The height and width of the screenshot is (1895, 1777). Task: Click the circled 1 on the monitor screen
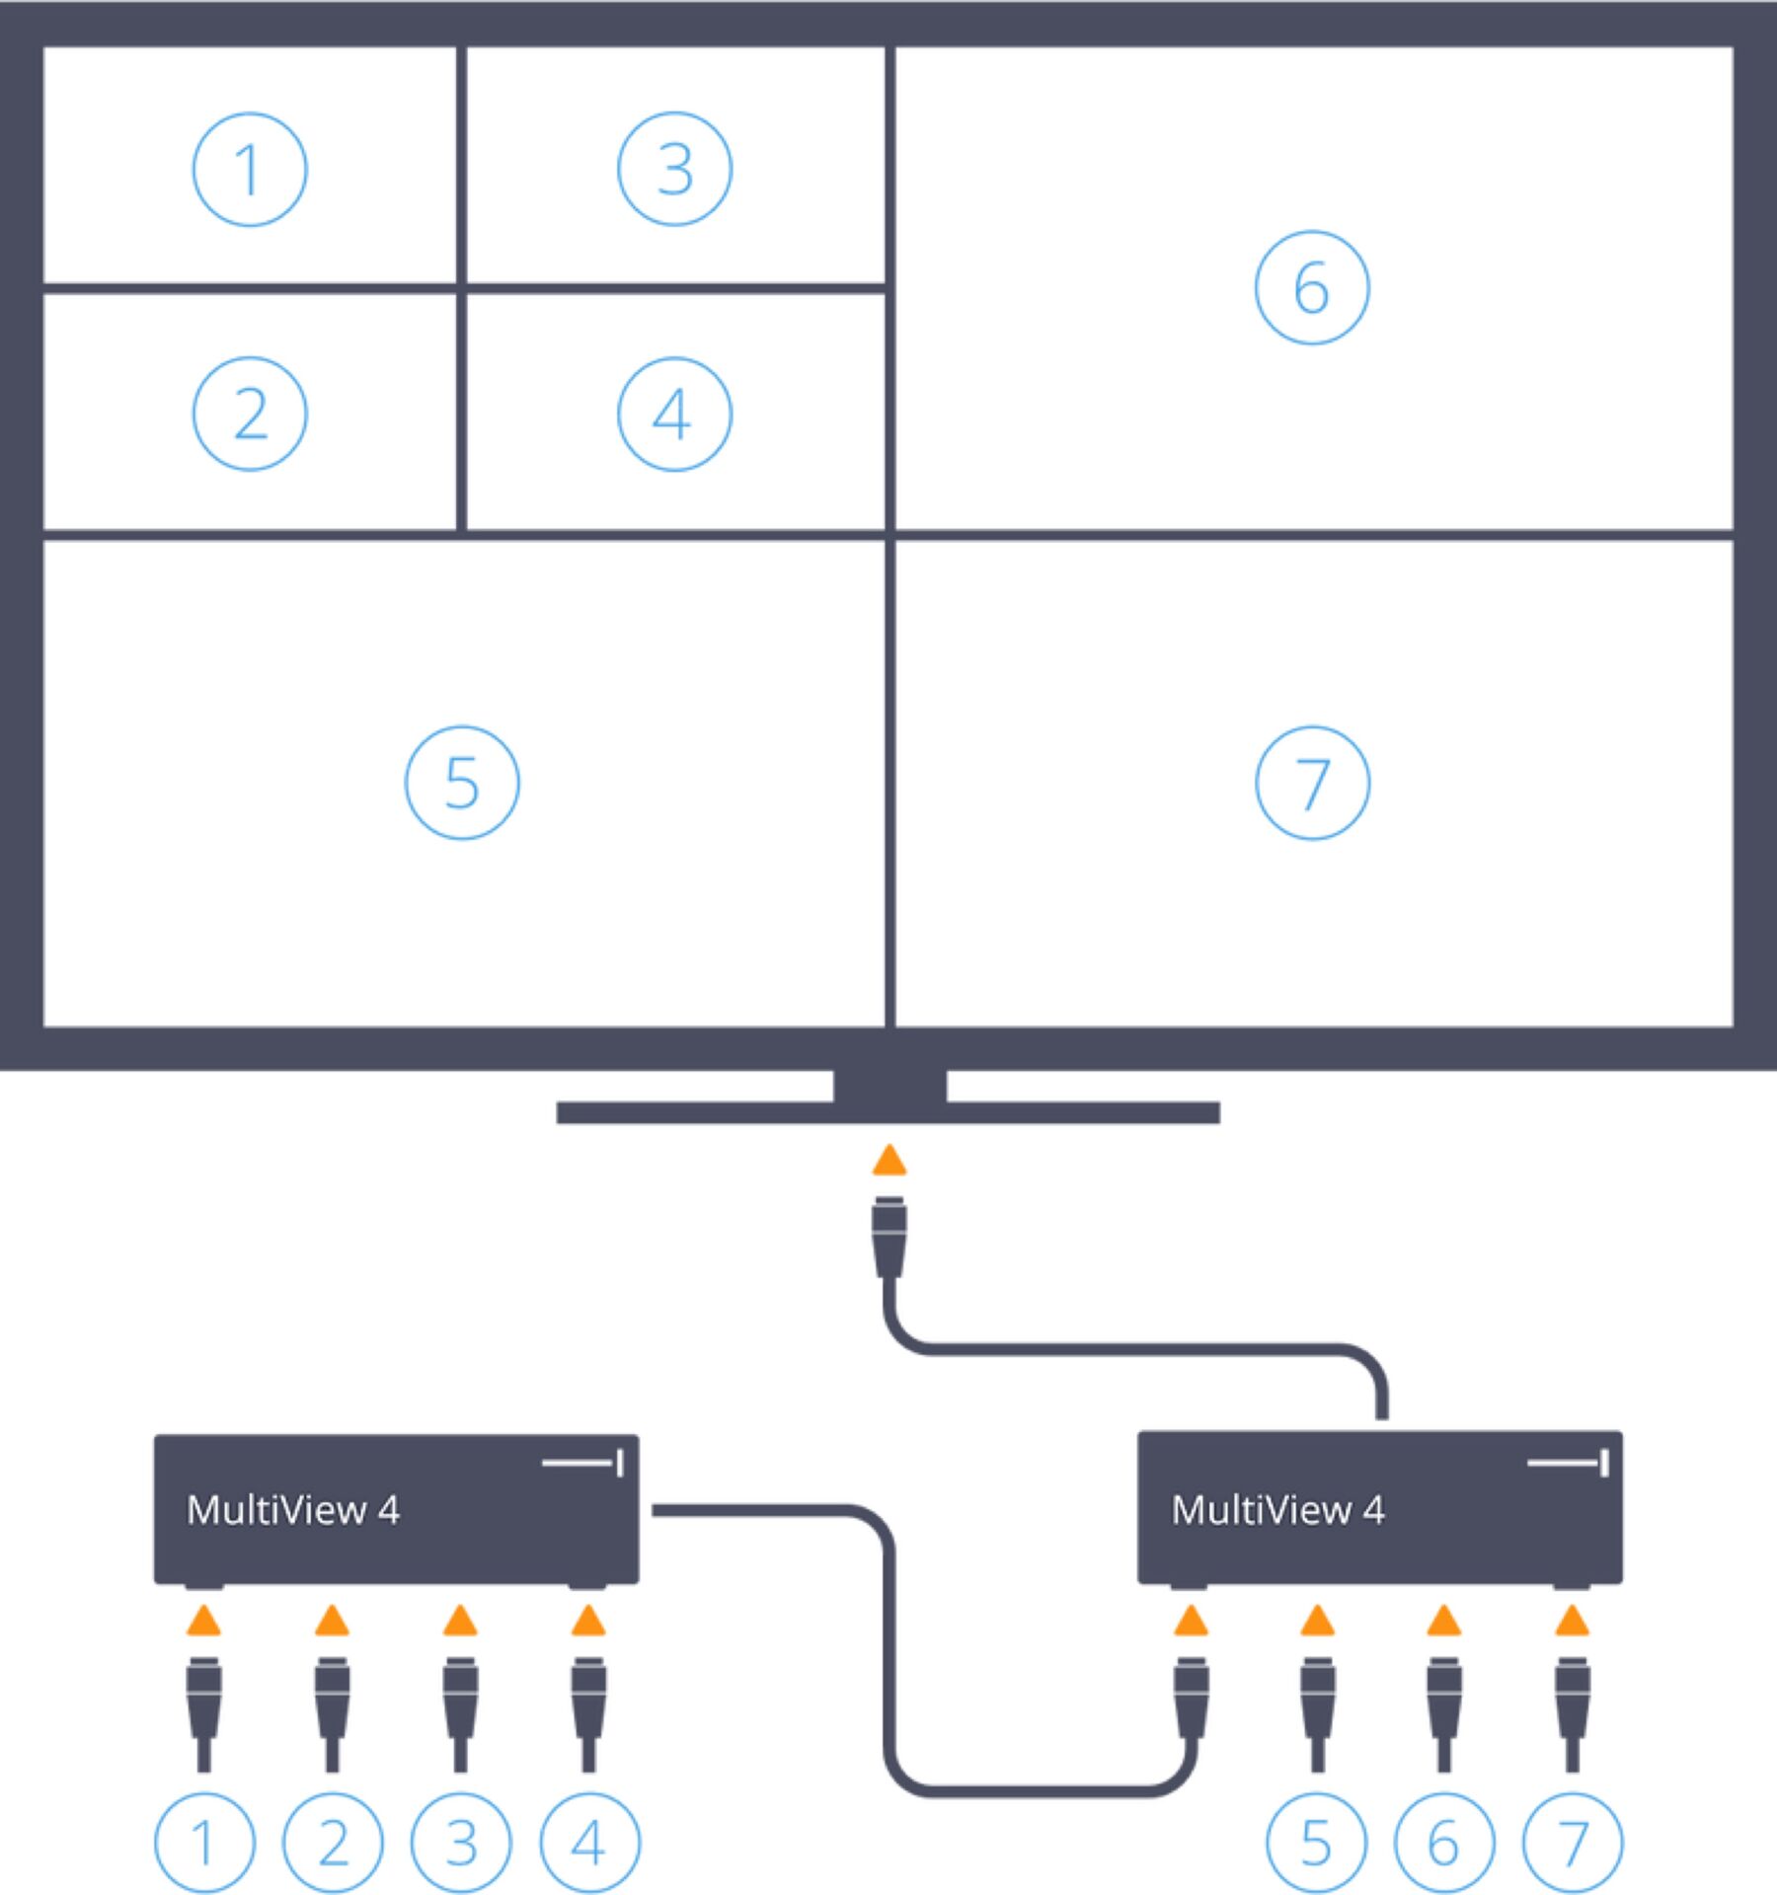pos(250,170)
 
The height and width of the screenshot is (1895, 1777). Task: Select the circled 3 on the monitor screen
pos(674,170)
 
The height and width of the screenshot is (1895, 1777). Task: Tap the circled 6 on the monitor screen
pos(1312,287)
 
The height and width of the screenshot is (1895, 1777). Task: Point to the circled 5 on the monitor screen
pos(462,783)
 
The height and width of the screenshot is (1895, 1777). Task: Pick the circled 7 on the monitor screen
pos(1312,783)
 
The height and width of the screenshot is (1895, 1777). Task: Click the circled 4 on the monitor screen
pos(674,414)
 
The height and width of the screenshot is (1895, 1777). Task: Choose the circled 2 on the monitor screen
pos(250,414)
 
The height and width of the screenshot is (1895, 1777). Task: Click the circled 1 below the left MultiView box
pos(204,1842)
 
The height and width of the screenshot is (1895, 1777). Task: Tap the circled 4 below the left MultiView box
pos(589,1842)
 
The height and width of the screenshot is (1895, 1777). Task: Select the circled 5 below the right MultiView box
pos(1316,1842)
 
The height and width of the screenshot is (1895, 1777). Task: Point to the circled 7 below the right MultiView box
pos(1573,1842)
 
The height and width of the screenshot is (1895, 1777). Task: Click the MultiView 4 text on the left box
pos(293,1510)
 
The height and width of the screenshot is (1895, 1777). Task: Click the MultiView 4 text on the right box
pos(1277,1510)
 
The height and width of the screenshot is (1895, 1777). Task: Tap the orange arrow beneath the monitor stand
pos(889,1161)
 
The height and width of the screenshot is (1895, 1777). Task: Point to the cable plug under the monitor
pos(889,1236)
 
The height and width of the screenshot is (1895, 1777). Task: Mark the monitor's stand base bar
pos(888,1112)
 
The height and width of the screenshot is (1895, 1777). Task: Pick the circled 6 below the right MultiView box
pos(1444,1842)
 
